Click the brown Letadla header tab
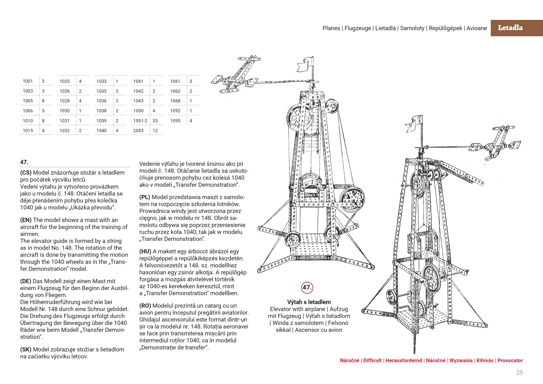517,28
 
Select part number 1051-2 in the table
140,121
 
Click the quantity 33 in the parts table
155,121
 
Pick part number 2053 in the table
138,131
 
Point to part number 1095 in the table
175,121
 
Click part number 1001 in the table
28,81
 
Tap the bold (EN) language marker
26,220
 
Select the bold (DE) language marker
26,281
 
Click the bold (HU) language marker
145,251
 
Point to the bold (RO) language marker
145,305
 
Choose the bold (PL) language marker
145,197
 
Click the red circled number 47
307,288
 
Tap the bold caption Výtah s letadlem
309,302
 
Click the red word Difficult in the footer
372,360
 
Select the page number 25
519,373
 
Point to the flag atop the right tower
414,124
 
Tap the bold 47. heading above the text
24,162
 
